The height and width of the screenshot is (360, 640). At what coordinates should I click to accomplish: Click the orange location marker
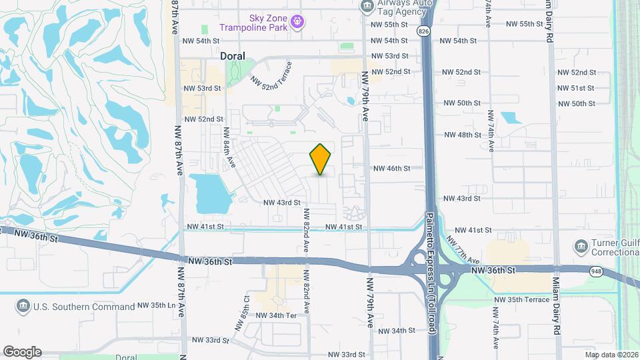[321, 159]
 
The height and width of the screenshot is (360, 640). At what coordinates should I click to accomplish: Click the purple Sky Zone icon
[299, 22]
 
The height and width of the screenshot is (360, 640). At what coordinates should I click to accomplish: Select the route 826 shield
[424, 31]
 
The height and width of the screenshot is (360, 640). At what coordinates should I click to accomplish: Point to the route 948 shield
[596, 271]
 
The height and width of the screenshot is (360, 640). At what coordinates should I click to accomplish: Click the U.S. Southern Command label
[84, 307]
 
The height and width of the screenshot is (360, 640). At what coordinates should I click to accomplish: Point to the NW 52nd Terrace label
[271, 74]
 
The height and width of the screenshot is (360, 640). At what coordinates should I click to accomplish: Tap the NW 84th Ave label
[229, 147]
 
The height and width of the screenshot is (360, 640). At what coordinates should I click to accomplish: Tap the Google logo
[22, 352]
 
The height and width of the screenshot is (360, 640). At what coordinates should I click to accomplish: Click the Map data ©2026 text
[611, 355]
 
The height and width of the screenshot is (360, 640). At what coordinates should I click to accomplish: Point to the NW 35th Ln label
[156, 305]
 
